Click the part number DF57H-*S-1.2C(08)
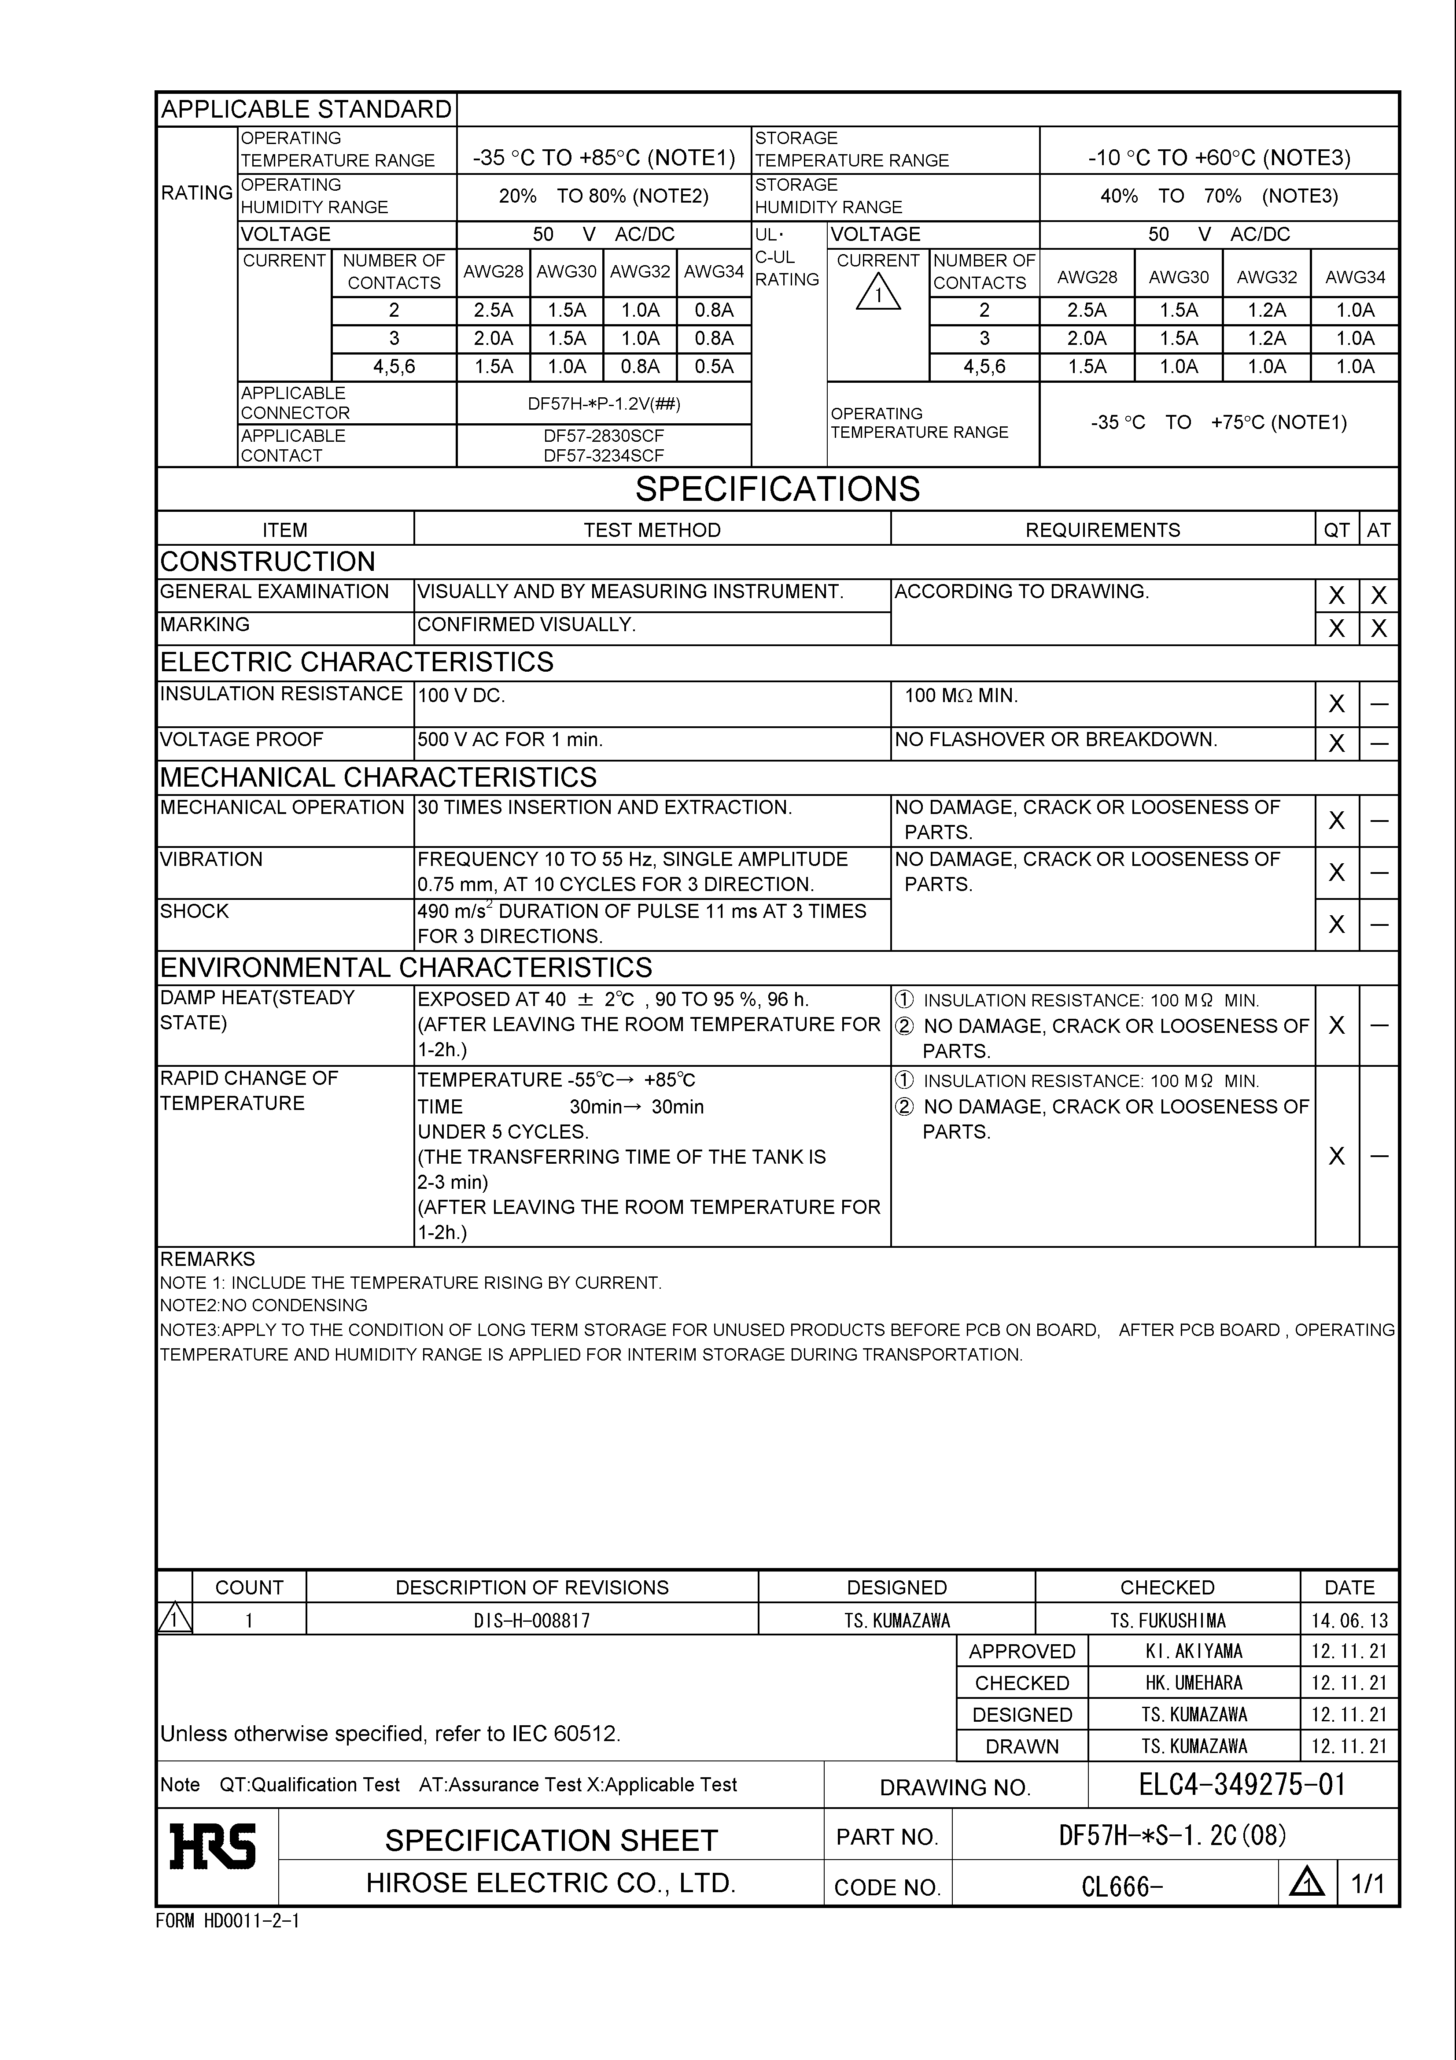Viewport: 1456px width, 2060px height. [1172, 1836]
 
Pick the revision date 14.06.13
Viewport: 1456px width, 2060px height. [1349, 1620]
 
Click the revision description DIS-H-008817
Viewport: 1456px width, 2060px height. [532, 1620]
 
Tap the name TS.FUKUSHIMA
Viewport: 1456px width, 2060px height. [1167, 1620]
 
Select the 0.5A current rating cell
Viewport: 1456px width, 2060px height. [714, 367]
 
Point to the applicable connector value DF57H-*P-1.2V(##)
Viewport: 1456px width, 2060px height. [604, 404]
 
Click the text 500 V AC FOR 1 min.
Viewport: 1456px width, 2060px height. [509, 740]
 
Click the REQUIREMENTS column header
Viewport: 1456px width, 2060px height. [1102, 530]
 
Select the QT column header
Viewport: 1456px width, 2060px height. [1337, 530]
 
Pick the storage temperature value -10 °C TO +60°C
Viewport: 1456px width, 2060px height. [1219, 158]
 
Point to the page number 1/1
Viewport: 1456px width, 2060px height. [1368, 1884]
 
